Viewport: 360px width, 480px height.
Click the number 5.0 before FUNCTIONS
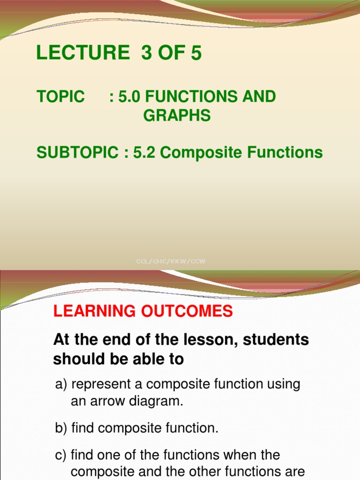coord(129,97)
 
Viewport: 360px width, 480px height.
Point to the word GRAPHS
coord(177,115)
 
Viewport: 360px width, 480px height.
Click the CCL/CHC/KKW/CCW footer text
coord(171,262)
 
